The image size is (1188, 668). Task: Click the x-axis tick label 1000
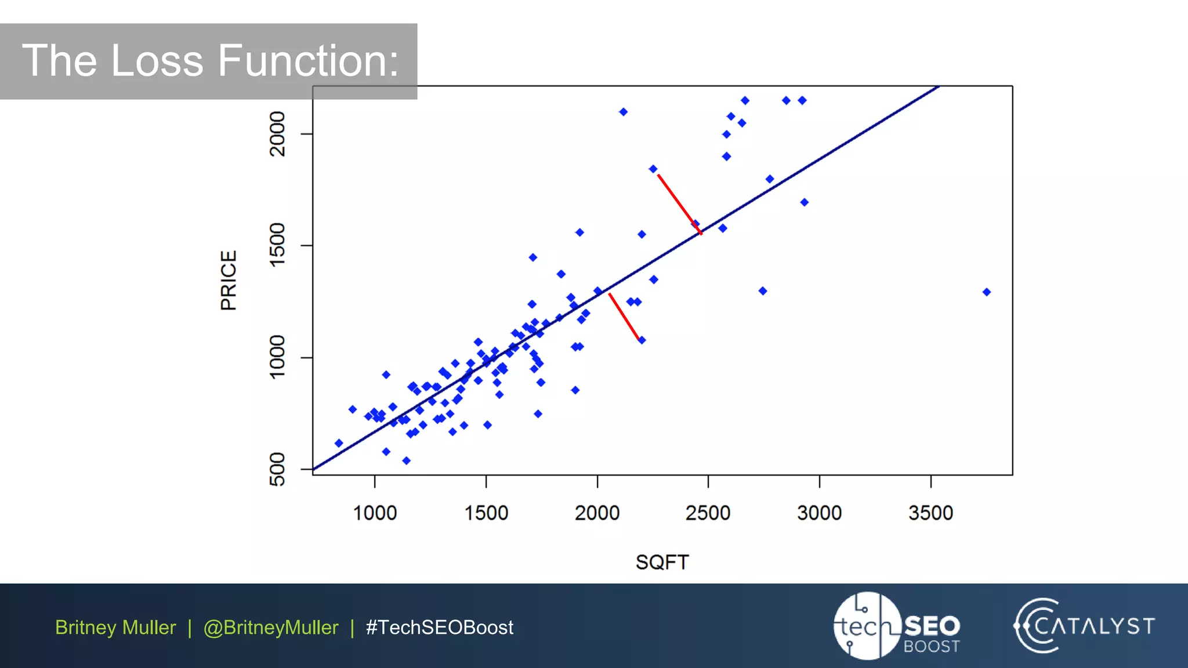(x=375, y=513)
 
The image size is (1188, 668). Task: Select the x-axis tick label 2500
(x=708, y=513)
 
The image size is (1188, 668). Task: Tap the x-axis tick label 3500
(x=930, y=513)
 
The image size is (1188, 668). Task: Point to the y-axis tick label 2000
(x=277, y=134)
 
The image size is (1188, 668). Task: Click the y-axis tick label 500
(x=277, y=469)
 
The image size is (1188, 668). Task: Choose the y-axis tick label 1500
(x=277, y=245)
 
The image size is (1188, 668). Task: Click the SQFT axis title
(x=662, y=562)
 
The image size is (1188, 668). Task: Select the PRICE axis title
(x=229, y=281)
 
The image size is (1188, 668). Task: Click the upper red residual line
(x=679, y=204)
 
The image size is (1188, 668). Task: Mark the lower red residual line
(x=624, y=317)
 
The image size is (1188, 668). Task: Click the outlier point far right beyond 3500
(x=986, y=292)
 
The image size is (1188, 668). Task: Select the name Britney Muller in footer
(x=115, y=627)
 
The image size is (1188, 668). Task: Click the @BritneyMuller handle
(x=270, y=627)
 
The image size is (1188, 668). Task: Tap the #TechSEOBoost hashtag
(x=439, y=627)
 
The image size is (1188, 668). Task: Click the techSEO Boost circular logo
(x=867, y=626)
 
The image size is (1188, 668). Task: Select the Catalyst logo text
(x=1094, y=626)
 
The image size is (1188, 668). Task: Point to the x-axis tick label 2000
(x=597, y=513)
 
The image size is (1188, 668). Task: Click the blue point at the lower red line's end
(x=642, y=340)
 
